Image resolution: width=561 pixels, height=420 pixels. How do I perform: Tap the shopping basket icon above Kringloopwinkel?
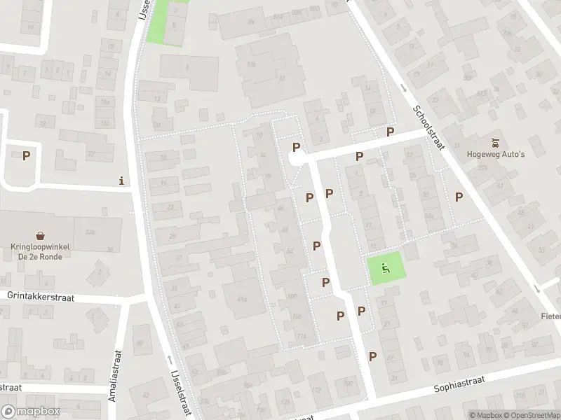[x=41, y=237]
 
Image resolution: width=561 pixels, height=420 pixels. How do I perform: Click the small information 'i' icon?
[x=122, y=181]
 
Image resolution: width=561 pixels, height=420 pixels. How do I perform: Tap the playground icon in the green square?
[x=385, y=267]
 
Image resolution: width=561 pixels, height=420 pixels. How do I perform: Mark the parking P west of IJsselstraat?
[x=27, y=156]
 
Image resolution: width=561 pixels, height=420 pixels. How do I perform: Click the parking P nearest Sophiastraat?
[x=373, y=356]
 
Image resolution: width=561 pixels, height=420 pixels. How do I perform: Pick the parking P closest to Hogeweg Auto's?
[x=459, y=197]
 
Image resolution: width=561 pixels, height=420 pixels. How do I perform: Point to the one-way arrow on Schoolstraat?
[x=405, y=88]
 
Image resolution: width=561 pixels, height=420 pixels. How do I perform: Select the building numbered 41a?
[x=242, y=300]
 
